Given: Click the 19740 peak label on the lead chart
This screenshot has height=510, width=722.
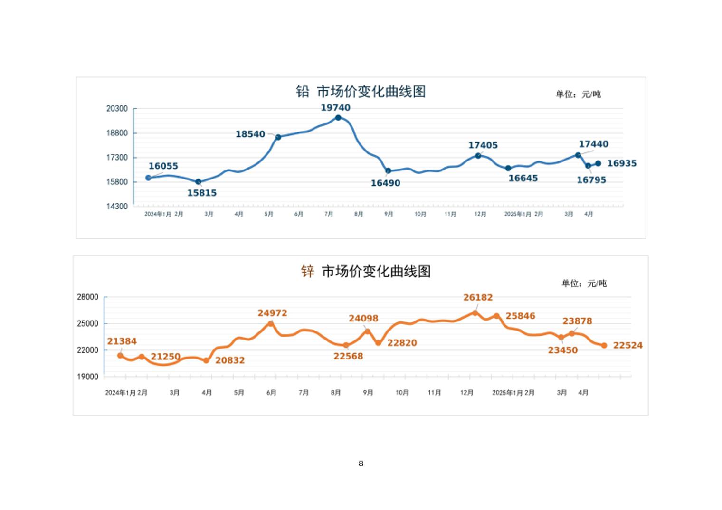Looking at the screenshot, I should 335,108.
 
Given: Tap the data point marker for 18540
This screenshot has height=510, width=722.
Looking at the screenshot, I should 278,137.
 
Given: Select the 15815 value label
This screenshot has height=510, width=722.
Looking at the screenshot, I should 201,193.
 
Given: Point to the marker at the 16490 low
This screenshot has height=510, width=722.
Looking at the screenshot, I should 388,171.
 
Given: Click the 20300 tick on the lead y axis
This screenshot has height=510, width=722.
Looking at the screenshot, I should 117,109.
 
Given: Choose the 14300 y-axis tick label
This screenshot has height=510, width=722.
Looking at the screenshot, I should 117,206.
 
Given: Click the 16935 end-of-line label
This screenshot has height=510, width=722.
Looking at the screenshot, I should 622,163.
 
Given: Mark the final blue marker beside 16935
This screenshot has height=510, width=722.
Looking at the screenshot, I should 598,163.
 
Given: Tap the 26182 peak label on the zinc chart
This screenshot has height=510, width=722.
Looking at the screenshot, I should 478,298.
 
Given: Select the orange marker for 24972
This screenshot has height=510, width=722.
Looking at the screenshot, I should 271,323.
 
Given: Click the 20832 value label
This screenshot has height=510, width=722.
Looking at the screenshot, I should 230,360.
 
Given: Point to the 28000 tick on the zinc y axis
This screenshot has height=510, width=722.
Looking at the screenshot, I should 87,297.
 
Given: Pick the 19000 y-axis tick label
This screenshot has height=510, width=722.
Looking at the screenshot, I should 87,377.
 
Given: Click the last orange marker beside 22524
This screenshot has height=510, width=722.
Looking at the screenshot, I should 604,346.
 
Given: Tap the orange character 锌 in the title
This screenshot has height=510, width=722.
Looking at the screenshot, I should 308,272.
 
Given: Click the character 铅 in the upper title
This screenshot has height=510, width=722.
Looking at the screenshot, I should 303,91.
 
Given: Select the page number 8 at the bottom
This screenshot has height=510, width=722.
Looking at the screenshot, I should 361,463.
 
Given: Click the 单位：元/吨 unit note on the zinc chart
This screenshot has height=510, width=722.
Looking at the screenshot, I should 584,283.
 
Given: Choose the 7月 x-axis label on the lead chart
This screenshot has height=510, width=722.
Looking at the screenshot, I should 329,214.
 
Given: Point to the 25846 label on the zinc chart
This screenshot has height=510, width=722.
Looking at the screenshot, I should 520,316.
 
